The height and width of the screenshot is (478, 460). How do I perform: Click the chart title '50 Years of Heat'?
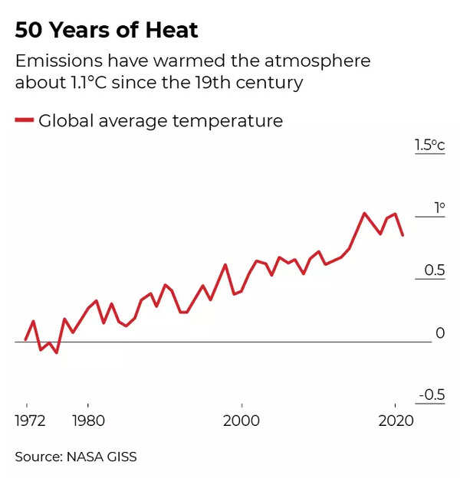(107, 31)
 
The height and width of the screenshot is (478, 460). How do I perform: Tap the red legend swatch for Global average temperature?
(24, 120)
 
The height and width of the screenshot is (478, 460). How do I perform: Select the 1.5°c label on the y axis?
(429, 145)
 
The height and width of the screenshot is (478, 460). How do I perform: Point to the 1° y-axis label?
(439, 208)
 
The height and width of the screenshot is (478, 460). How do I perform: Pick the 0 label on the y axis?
(440, 333)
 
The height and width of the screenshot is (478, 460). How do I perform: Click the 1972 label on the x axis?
(31, 421)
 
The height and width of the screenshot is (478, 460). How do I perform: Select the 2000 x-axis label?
(242, 421)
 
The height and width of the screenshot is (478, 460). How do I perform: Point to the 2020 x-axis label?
(395, 421)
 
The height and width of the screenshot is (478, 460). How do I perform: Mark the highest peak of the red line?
(364, 213)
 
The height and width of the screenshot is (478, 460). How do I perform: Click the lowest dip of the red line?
(57, 352)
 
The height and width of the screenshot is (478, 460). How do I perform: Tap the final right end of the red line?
(402, 235)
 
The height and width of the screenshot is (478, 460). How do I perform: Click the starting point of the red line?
(26, 339)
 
